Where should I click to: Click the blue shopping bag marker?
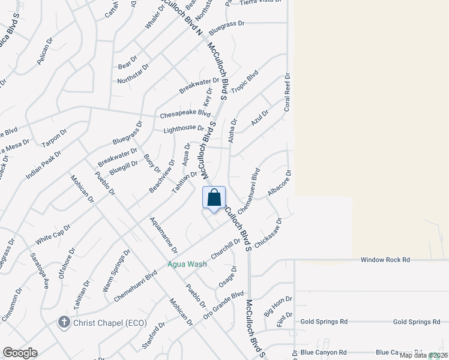point(214,197)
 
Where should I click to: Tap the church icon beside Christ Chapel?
point(64,322)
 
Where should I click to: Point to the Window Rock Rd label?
point(385,260)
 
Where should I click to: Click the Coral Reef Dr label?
point(288,93)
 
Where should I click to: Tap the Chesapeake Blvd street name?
point(185,114)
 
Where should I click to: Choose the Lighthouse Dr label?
point(184,128)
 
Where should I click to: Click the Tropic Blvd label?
point(244,82)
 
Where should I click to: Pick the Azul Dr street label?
point(260,118)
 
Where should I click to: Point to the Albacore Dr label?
point(279,183)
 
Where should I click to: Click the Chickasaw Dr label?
point(268,233)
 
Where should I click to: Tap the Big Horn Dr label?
point(278,304)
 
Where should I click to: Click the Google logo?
point(20,353)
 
